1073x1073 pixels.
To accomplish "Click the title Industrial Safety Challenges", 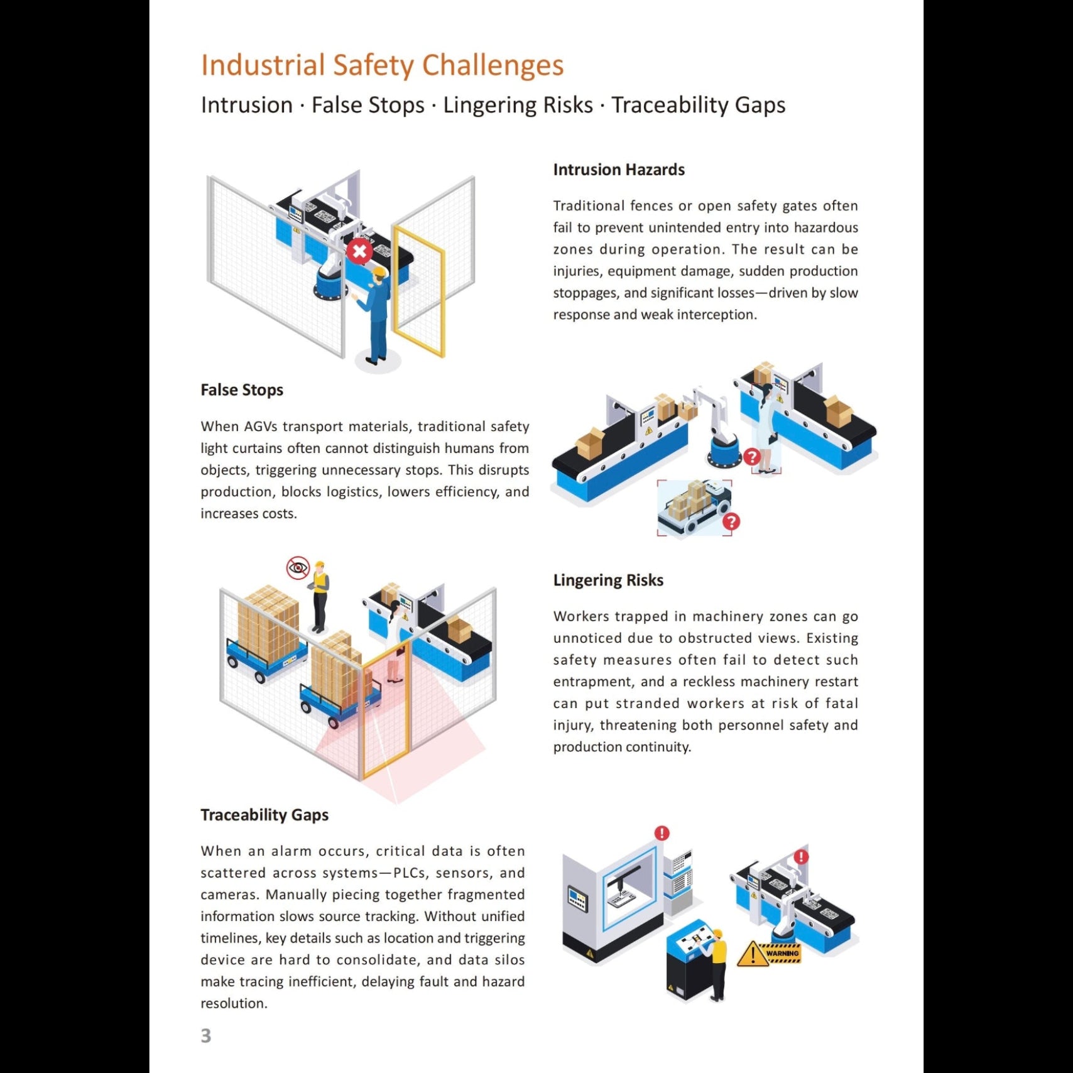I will tap(382, 65).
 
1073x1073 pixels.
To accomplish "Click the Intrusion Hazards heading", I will tap(618, 170).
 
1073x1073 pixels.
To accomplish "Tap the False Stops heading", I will tap(242, 390).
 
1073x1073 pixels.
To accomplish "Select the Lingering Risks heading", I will tap(607, 580).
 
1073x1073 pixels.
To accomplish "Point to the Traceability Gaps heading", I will tap(264, 815).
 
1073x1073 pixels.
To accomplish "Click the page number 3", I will tap(206, 1035).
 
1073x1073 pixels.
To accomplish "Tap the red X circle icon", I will tap(359, 252).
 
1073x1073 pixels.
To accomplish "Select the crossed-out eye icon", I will tap(298, 568).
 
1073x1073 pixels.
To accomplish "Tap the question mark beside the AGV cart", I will tap(731, 521).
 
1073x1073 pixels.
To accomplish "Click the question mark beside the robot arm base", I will tap(751, 457).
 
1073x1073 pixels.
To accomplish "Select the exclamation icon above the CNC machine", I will tap(662, 833).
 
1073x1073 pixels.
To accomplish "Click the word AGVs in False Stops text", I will tap(261, 427).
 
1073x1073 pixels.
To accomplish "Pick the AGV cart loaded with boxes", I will tap(694, 506).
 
